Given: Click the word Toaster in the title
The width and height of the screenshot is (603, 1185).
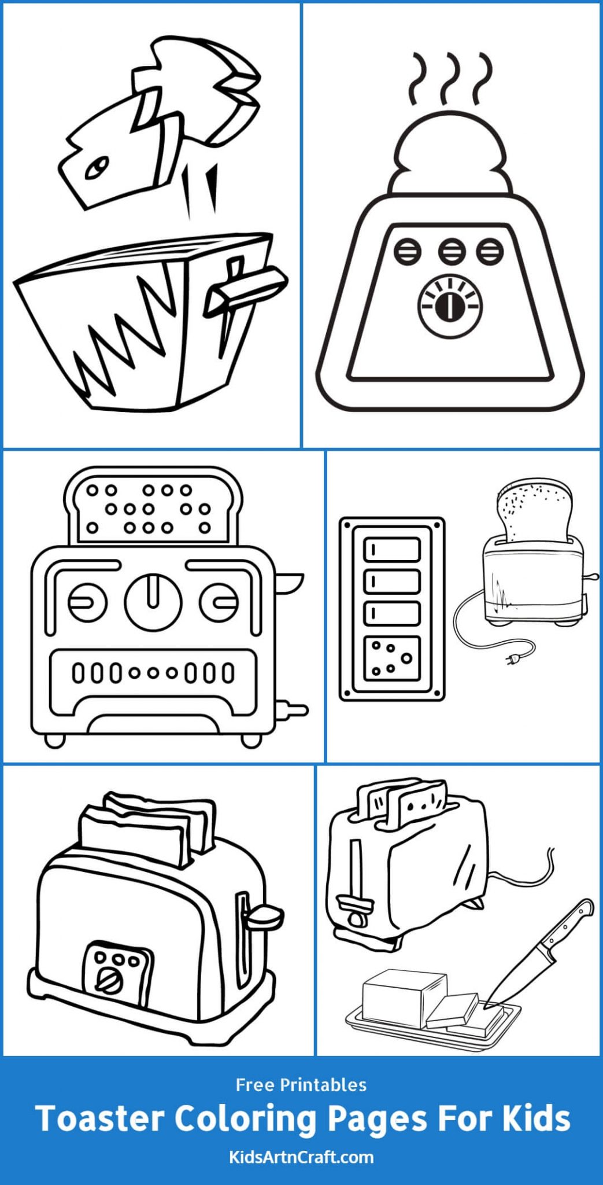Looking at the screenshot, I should click(99, 1118).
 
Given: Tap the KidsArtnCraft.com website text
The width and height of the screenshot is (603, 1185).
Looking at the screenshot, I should click(301, 1157).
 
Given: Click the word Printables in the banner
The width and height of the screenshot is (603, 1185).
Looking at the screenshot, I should click(324, 1084).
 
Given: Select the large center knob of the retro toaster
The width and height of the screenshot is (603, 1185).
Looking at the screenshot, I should click(153, 601).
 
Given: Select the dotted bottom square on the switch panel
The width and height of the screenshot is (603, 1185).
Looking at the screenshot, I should click(391, 658).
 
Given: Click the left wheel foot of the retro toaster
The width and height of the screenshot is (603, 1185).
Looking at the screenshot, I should click(55, 740).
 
